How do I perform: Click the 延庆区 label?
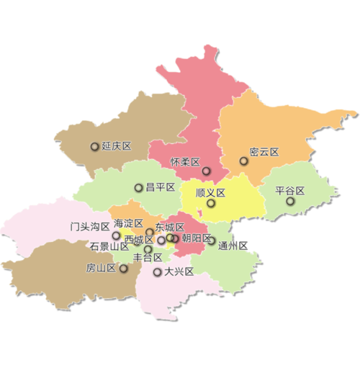[x=117, y=146]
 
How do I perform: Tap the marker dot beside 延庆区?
[x=94, y=147]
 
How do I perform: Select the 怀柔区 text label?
[x=184, y=162]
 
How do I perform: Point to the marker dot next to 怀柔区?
[x=206, y=171]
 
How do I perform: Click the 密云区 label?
[x=264, y=152]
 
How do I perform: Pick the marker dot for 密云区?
[x=244, y=161]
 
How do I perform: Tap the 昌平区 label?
[x=161, y=187]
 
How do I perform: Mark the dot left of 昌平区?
[x=138, y=188]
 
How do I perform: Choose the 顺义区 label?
[x=211, y=193]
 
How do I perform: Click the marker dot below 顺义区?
[x=211, y=204]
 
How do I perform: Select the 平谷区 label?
[x=290, y=192]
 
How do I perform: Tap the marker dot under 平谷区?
[x=290, y=202]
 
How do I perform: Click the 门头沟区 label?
[x=90, y=226]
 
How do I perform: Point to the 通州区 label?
[x=233, y=246]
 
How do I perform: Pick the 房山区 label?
[x=101, y=269]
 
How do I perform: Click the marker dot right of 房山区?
[x=124, y=269]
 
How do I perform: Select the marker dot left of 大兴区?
[x=157, y=272]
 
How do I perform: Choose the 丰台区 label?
[x=148, y=258]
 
